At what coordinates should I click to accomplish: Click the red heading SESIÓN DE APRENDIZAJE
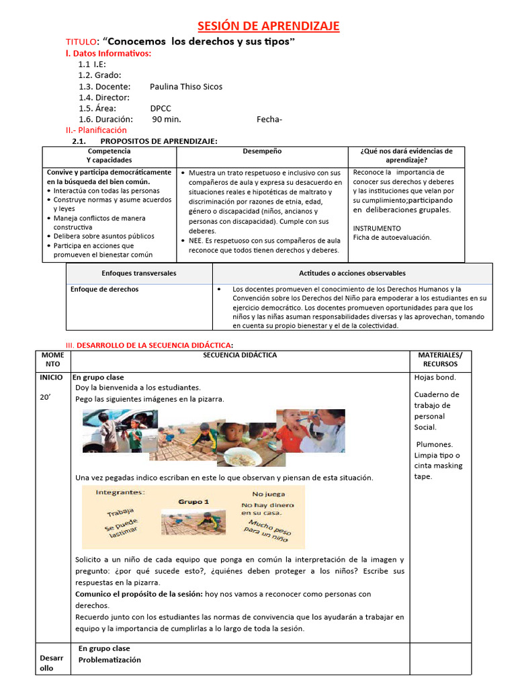pyautogui.click(x=268, y=26)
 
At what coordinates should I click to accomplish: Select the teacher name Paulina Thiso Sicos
pyautogui.click(x=186, y=87)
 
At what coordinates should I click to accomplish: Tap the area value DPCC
pyautogui.click(x=161, y=108)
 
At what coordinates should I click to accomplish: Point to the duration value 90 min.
pyautogui.click(x=167, y=119)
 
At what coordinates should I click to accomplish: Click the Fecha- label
pyautogui.click(x=269, y=120)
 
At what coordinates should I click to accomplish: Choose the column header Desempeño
pyautogui.click(x=262, y=152)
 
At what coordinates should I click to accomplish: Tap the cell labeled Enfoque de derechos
pyautogui.click(x=105, y=290)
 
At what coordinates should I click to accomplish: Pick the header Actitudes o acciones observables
pyautogui.click(x=352, y=273)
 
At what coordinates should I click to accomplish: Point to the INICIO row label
pyautogui.click(x=52, y=378)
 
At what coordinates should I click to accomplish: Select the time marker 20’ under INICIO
pyautogui.click(x=45, y=397)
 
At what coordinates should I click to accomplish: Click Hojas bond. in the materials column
pyautogui.click(x=435, y=378)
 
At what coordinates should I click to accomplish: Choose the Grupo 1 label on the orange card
pyautogui.click(x=193, y=502)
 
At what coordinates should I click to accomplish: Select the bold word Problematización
pyautogui.click(x=110, y=660)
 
